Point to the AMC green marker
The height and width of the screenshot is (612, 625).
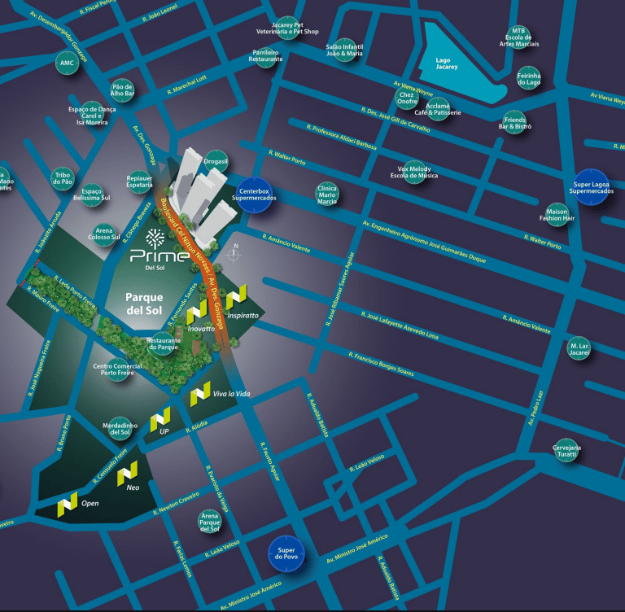67,62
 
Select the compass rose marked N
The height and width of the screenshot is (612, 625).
234,254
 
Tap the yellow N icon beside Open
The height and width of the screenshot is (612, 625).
67,505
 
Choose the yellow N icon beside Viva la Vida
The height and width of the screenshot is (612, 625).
200,394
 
